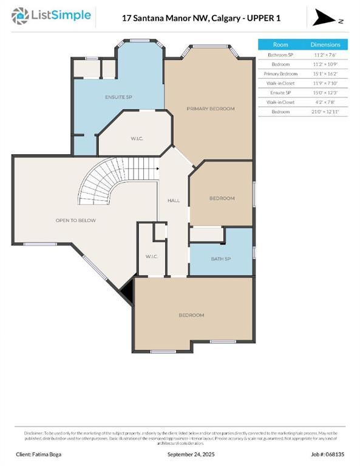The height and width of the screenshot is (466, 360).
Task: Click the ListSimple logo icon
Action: pyautogui.click(x=20, y=16)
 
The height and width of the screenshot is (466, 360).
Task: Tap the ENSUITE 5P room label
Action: pyautogui.click(x=118, y=96)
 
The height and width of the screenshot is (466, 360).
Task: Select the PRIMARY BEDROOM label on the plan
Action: pyautogui.click(x=210, y=109)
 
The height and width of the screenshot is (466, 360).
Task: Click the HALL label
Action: pyautogui.click(x=174, y=200)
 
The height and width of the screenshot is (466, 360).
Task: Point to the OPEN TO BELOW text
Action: pyautogui.click(x=75, y=220)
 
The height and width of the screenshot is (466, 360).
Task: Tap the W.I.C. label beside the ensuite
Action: pyautogui.click(x=137, y=139)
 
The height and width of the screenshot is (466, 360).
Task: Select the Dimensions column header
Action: pyautogui.click(x=325, y=45)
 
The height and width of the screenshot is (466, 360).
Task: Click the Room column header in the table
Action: pyautogui.click(x=280, y=45)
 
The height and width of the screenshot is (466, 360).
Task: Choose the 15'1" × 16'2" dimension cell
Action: pyautogui.click(x=325, y=73)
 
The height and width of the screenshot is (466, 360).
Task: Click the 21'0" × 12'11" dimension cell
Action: pyautogui.click(x=325, y=112)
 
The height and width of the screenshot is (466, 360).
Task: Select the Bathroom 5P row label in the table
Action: pyautogui.click(x=280, y=55)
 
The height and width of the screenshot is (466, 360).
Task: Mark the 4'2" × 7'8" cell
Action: pyautogui.click(x=325, y=102)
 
